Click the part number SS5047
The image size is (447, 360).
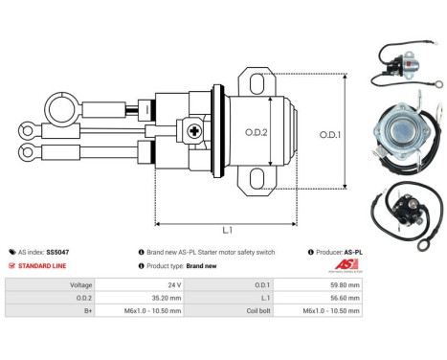(x=58, y=252)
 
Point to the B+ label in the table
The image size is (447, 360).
(x=86, y=311)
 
